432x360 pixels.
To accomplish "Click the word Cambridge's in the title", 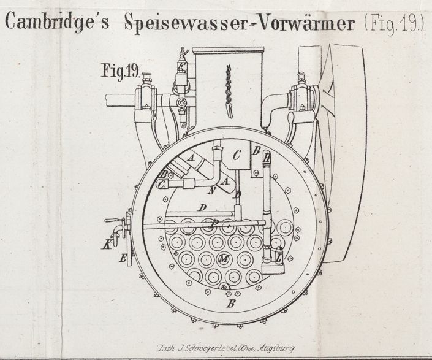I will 59,23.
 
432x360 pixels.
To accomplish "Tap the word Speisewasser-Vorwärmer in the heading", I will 239,23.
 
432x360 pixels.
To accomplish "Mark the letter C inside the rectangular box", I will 237,155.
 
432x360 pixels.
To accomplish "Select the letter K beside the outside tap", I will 108,245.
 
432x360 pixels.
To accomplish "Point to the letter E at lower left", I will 123,259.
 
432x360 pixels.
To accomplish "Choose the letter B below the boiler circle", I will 231,302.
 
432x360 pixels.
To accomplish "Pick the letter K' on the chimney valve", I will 181,67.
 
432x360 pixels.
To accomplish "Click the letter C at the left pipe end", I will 162,185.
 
